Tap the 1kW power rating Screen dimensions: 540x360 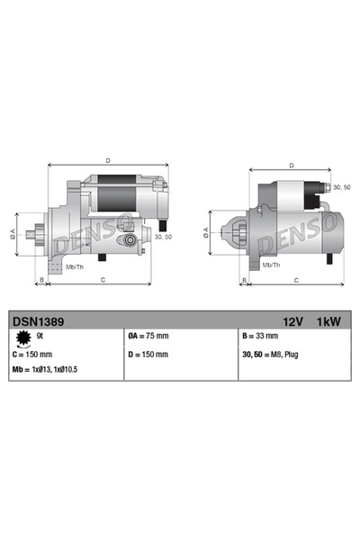(327, 319)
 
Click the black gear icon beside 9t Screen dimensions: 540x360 (22, 337)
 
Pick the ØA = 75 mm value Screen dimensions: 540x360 (148, 337)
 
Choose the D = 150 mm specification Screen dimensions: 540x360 (148, 355)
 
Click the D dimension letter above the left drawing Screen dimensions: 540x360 (108, 160)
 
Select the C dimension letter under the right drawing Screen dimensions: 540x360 (297, 281)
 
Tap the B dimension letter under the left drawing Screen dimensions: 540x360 (40, 281)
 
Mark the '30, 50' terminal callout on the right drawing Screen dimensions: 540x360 (342, 187)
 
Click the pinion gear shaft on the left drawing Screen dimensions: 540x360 (35, 237)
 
